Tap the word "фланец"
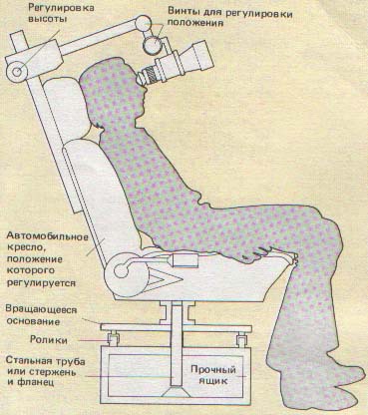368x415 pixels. (x=51, y=381)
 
